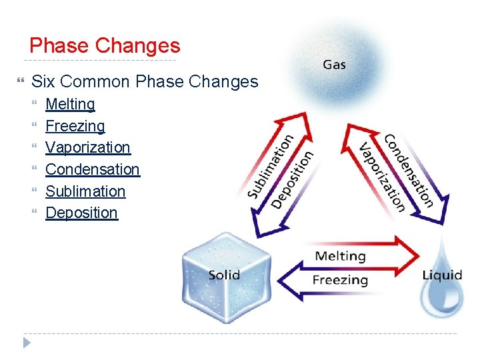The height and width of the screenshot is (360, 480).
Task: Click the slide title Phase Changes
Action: point(105,46)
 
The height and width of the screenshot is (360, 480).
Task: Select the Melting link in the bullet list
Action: point(70,104)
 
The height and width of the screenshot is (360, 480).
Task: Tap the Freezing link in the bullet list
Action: point(75,126)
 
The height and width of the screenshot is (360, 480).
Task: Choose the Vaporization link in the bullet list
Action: point(87,147)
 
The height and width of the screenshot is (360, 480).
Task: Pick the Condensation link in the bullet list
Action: point(92,169)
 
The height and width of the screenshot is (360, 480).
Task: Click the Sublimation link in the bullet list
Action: point(85,191)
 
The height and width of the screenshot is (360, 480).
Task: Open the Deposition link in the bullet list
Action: point(81,213)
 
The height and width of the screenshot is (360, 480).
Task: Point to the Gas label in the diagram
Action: point(334,65)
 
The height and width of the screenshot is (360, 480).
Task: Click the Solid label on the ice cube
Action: point(224,275)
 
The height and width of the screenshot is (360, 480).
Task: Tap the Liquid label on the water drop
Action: point(442,275)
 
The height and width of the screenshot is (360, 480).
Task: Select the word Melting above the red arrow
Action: point(340,256)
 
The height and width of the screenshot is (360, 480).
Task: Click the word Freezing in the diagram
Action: point(340,279)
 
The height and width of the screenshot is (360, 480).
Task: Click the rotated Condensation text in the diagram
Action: point(409,170)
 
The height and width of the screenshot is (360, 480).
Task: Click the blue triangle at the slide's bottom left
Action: point(27,343)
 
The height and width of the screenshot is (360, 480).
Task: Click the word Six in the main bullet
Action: point(43,82)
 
